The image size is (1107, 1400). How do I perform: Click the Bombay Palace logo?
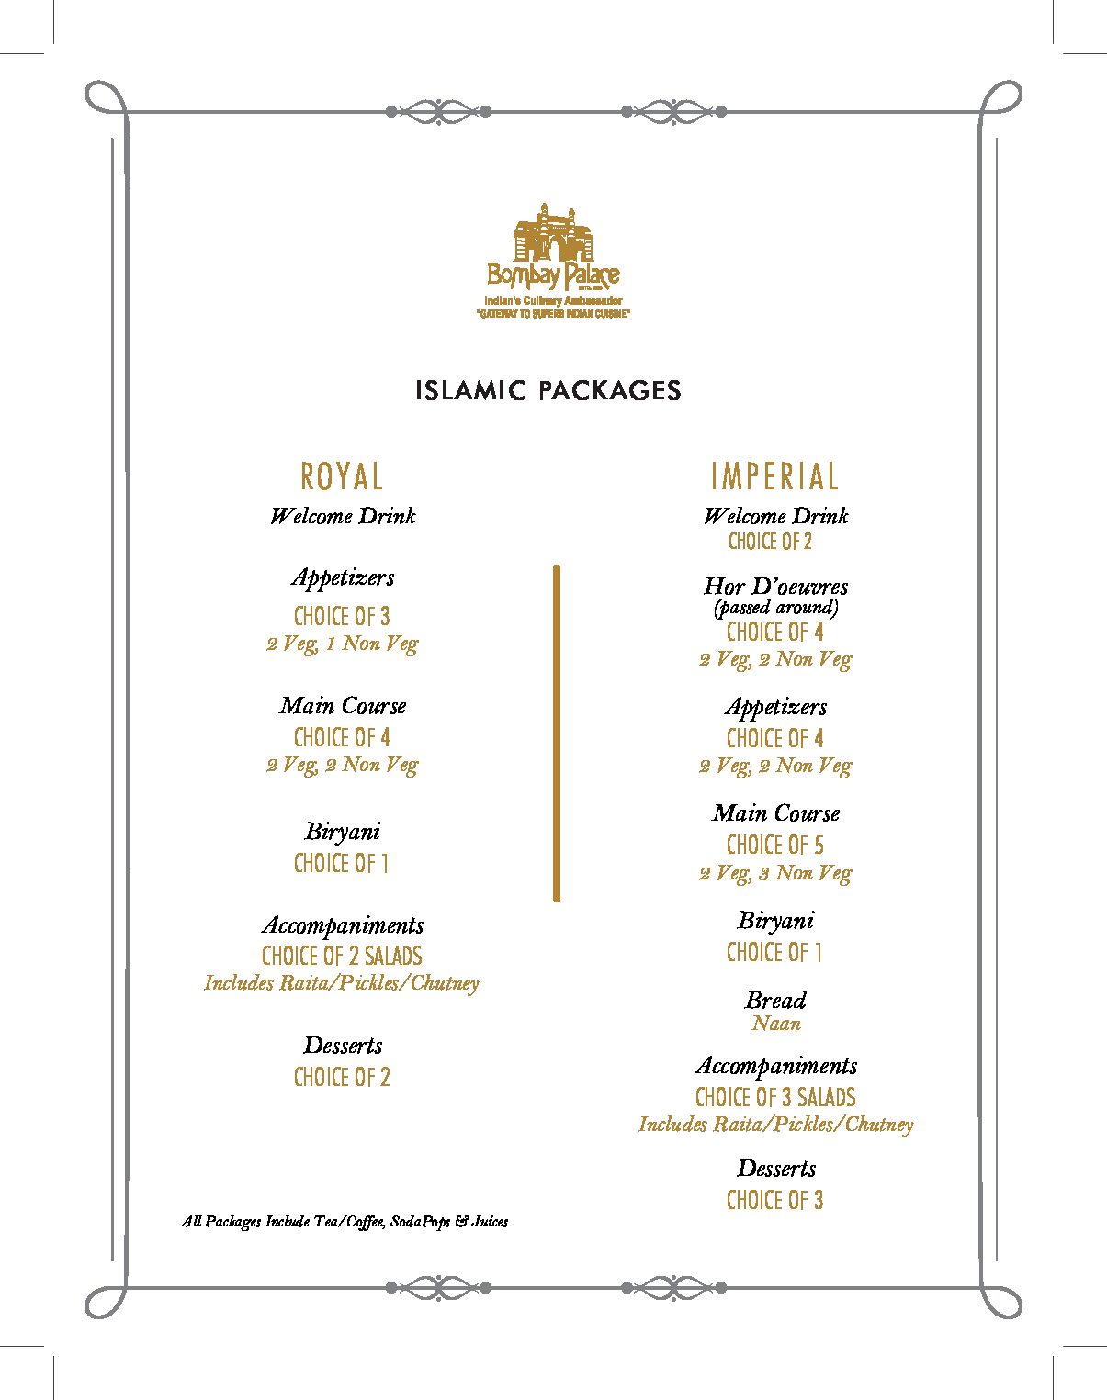pyautogui.click(x=552, y=260)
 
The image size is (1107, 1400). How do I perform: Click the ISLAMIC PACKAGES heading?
pyautogui.click(x=548, y=390)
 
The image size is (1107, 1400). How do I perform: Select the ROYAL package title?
pyautogui.click(x=342, y=476)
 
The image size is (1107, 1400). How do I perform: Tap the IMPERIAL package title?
pyautogui.click(x=775, y=476)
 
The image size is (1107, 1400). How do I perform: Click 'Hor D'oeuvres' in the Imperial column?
pyautogui.click(x=775, y=586)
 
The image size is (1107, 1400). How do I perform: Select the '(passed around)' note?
pyautogui.click(x=775, y=607)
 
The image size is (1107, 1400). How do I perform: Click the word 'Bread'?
pyautogui.click(x=775, y=1000)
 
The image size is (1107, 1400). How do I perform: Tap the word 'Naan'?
pyautogui.click(x=775, y=1023)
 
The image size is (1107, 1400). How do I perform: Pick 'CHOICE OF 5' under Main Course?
pyautogui.click(x=775, y=845)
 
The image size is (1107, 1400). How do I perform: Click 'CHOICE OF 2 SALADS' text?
pyautogui.click(x=342, y=956)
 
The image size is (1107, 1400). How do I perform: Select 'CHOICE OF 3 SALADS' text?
pyautogui.click(x=775, y=1097)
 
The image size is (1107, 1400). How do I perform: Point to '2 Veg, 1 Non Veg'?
pyautogui.click(x=342, y=644)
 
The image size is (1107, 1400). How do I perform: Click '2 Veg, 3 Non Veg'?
pyautogui.click(x=775, y=873)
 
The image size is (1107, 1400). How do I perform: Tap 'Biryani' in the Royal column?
pyautogui.click(x=342, y=832)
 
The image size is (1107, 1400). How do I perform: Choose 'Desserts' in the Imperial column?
pyautogui.click(x=775, y=1168)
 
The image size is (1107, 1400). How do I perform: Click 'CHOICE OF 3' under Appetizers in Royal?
pyautogui.click(x=342, y=616)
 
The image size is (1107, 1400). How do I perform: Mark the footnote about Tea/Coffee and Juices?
pyautogui.click(x=345, y=1222)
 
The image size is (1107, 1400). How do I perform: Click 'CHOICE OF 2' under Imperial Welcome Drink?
pyautogui.click(x=770, y=542)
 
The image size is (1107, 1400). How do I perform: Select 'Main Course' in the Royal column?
pyautogui.click(x=342, y=705)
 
